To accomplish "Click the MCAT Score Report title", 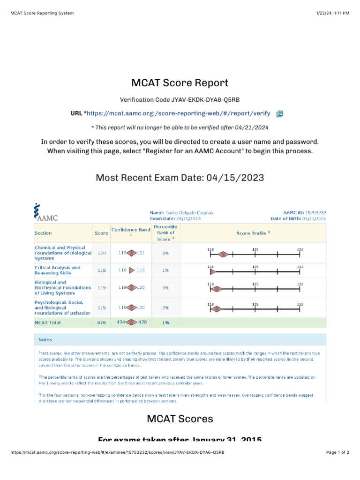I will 180,83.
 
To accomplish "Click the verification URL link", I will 178,113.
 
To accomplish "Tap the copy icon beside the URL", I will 280,114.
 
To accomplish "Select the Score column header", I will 101,233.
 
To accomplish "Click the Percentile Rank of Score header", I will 165,233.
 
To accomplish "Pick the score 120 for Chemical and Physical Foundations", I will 101,253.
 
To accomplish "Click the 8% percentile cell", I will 165,253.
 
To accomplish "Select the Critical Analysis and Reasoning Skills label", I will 57,270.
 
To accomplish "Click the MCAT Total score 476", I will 101,322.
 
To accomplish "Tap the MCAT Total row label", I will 47,322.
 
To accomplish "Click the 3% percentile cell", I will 165,288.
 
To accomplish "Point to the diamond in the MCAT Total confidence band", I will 132,322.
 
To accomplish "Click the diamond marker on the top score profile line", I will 224,255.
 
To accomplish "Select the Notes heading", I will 45,340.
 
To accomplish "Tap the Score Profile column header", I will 253,233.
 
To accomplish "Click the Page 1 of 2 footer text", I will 337,452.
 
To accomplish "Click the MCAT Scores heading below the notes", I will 180,419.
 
